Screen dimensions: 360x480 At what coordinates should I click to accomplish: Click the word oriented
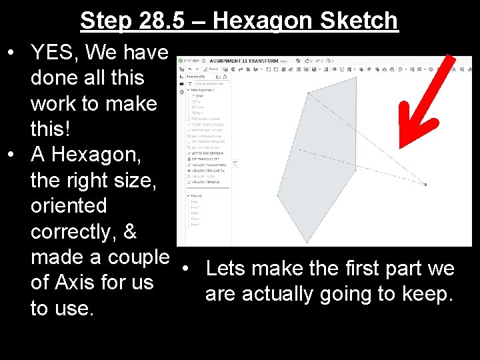pyautogui.click(x=69, y=205)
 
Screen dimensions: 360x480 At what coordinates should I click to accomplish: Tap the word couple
pyautogui.click(x=137, y=257)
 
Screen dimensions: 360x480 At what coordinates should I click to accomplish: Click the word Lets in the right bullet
pyautogui.click(x=227, y=269)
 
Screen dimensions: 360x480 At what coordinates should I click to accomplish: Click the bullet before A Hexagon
pyautogui.click(x=12, y=155)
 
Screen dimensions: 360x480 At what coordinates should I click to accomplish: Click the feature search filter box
pyautogui.click(x=210, y=83)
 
